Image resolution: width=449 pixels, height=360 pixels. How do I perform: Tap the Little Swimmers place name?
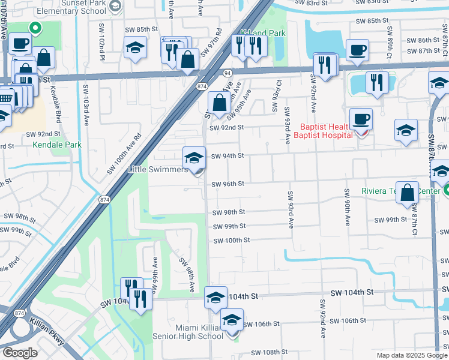pyautogui.click(x=158, y=170)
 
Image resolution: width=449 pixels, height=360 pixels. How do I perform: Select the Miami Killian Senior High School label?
pyautogui.click(x=191, y=332)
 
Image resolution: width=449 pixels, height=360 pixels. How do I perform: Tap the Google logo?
pyautogui.click(x=20, y=353)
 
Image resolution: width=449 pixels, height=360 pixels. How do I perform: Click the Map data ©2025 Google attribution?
pyautogui.click(x=412, y=355)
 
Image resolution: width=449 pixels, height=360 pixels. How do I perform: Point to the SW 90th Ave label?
pyautogui.click(x=347, y=207)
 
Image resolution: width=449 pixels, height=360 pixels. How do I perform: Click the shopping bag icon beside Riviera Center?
pyautogui.click(x=407, y=193)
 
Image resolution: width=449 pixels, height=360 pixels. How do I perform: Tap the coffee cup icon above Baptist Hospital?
pyautogui.click(x=361, y=119)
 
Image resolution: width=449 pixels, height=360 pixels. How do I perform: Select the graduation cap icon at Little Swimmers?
pyautogui.click(x=193, y=158)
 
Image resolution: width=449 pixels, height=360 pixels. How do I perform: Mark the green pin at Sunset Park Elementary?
pyautogui.click(x=35, y=27)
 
